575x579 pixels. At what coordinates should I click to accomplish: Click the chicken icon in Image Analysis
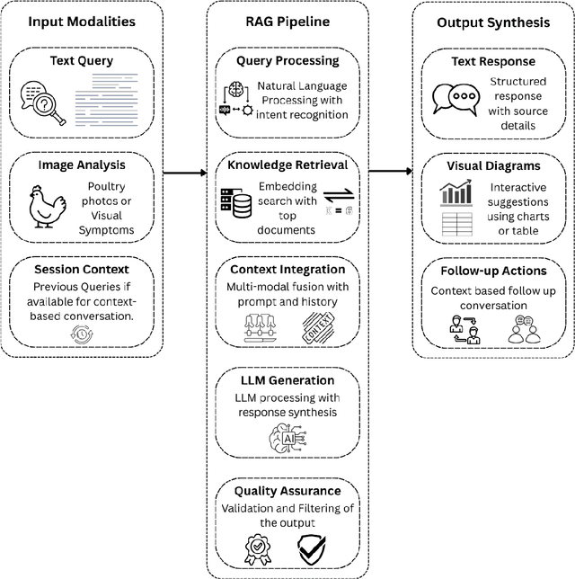45,206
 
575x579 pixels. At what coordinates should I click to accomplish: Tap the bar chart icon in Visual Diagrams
456,192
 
